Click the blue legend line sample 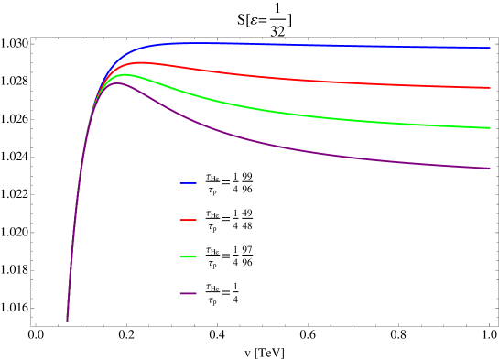tap(188, 183)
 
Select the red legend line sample tap(188, 220)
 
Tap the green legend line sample tap(188, 256)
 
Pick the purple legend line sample tap(188, 293)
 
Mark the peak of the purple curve tap(117, 83)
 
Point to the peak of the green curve tap(123, 74)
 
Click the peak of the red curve tap(139, 62)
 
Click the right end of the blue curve tap(490, 48)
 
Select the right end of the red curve tap(490, 88)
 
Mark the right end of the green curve tap(490, 127)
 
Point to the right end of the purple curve tap(490, 168)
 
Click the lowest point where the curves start tap(67, 321)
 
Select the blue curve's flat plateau tap(320, 45)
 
